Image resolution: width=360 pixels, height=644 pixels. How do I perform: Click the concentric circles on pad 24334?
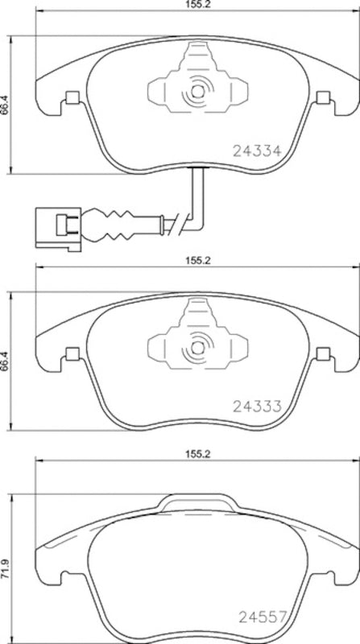click(x=196, y=96)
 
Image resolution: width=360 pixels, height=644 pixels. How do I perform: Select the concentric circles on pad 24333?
click(x=196, y=351)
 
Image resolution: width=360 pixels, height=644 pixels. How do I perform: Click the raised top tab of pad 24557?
click(x=197, y=502)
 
